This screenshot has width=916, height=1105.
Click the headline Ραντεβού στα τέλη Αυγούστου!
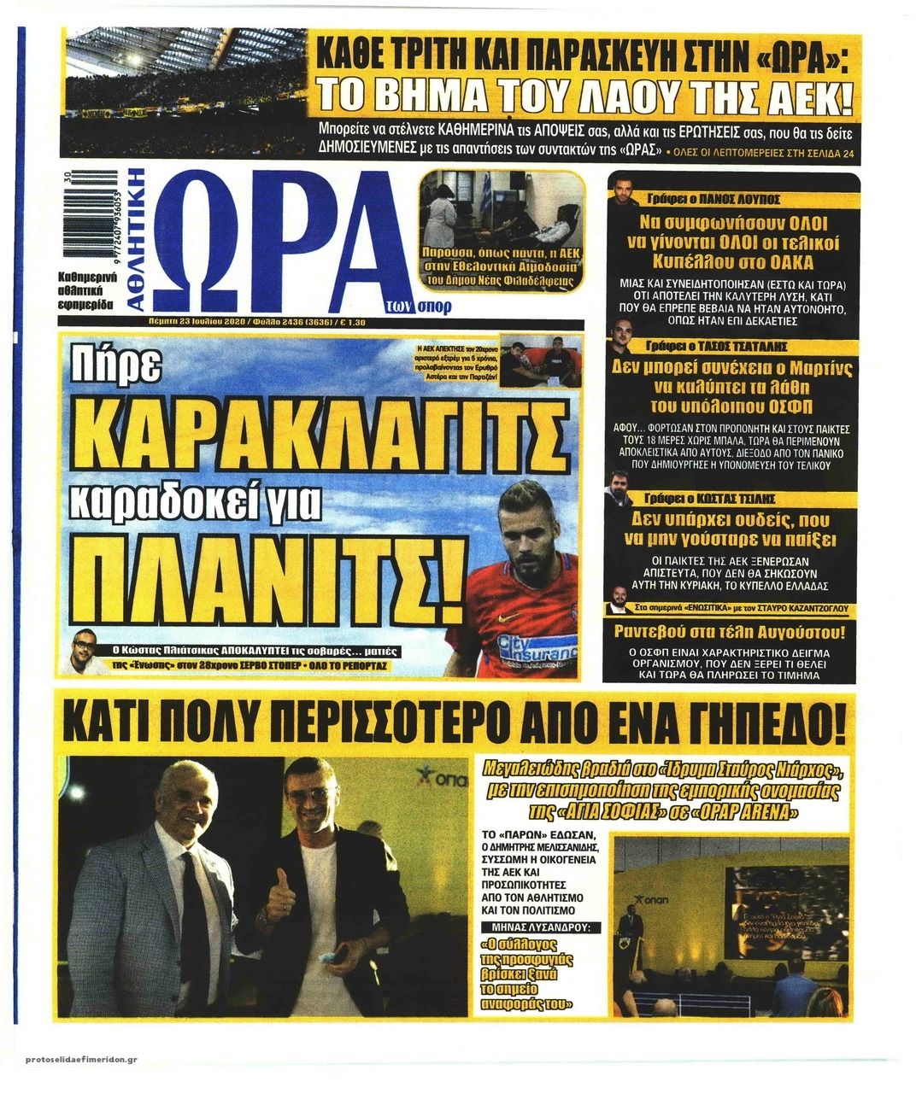(731, 633)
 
